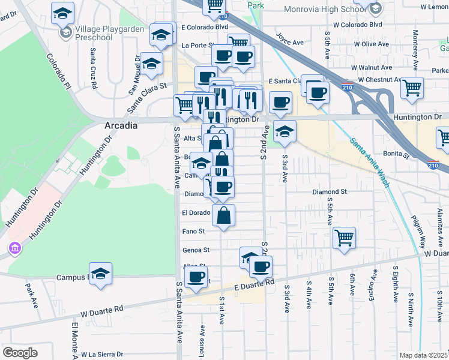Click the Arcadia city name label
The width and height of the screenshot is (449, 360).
(x=121, y=125)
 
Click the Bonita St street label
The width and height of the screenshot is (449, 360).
(x=396, y=155)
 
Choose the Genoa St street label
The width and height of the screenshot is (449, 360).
(x=195, y=250)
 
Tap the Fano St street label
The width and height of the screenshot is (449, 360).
(x=193, y=231)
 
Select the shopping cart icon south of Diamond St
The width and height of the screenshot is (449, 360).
(x=345, y=238)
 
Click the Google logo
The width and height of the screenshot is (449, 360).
(x=20, y=352)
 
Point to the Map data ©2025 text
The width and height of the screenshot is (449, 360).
(x=423, y=355)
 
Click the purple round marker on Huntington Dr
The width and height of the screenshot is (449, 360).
(x=14, y=248)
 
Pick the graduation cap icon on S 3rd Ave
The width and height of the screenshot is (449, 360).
(x=285, y=131)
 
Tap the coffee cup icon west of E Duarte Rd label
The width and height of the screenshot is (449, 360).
(x=196, y=277)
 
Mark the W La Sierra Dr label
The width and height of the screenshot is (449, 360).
(x=102, y=355)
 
